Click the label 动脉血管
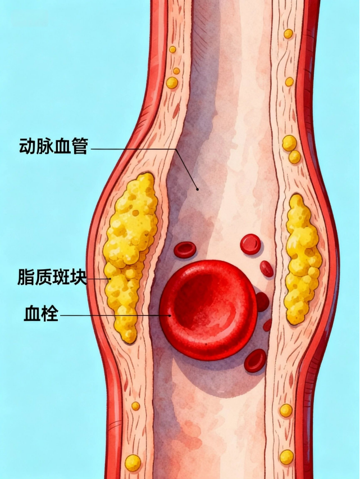coord(53,147)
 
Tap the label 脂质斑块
coord(53,277)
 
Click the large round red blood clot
coord(208,309)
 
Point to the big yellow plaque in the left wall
coord(130,247)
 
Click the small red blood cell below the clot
coord(255,360)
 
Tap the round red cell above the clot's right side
coord(250,244)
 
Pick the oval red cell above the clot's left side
coord(184,249)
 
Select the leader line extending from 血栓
coord(112,315)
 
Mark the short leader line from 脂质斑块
coord(99,278)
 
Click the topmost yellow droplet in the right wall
coord(288,34)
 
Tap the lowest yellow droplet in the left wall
coord(133,463)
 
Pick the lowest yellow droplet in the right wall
coord(286,457)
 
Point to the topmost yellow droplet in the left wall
coord(172,49)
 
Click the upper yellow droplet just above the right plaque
coord(289,143)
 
